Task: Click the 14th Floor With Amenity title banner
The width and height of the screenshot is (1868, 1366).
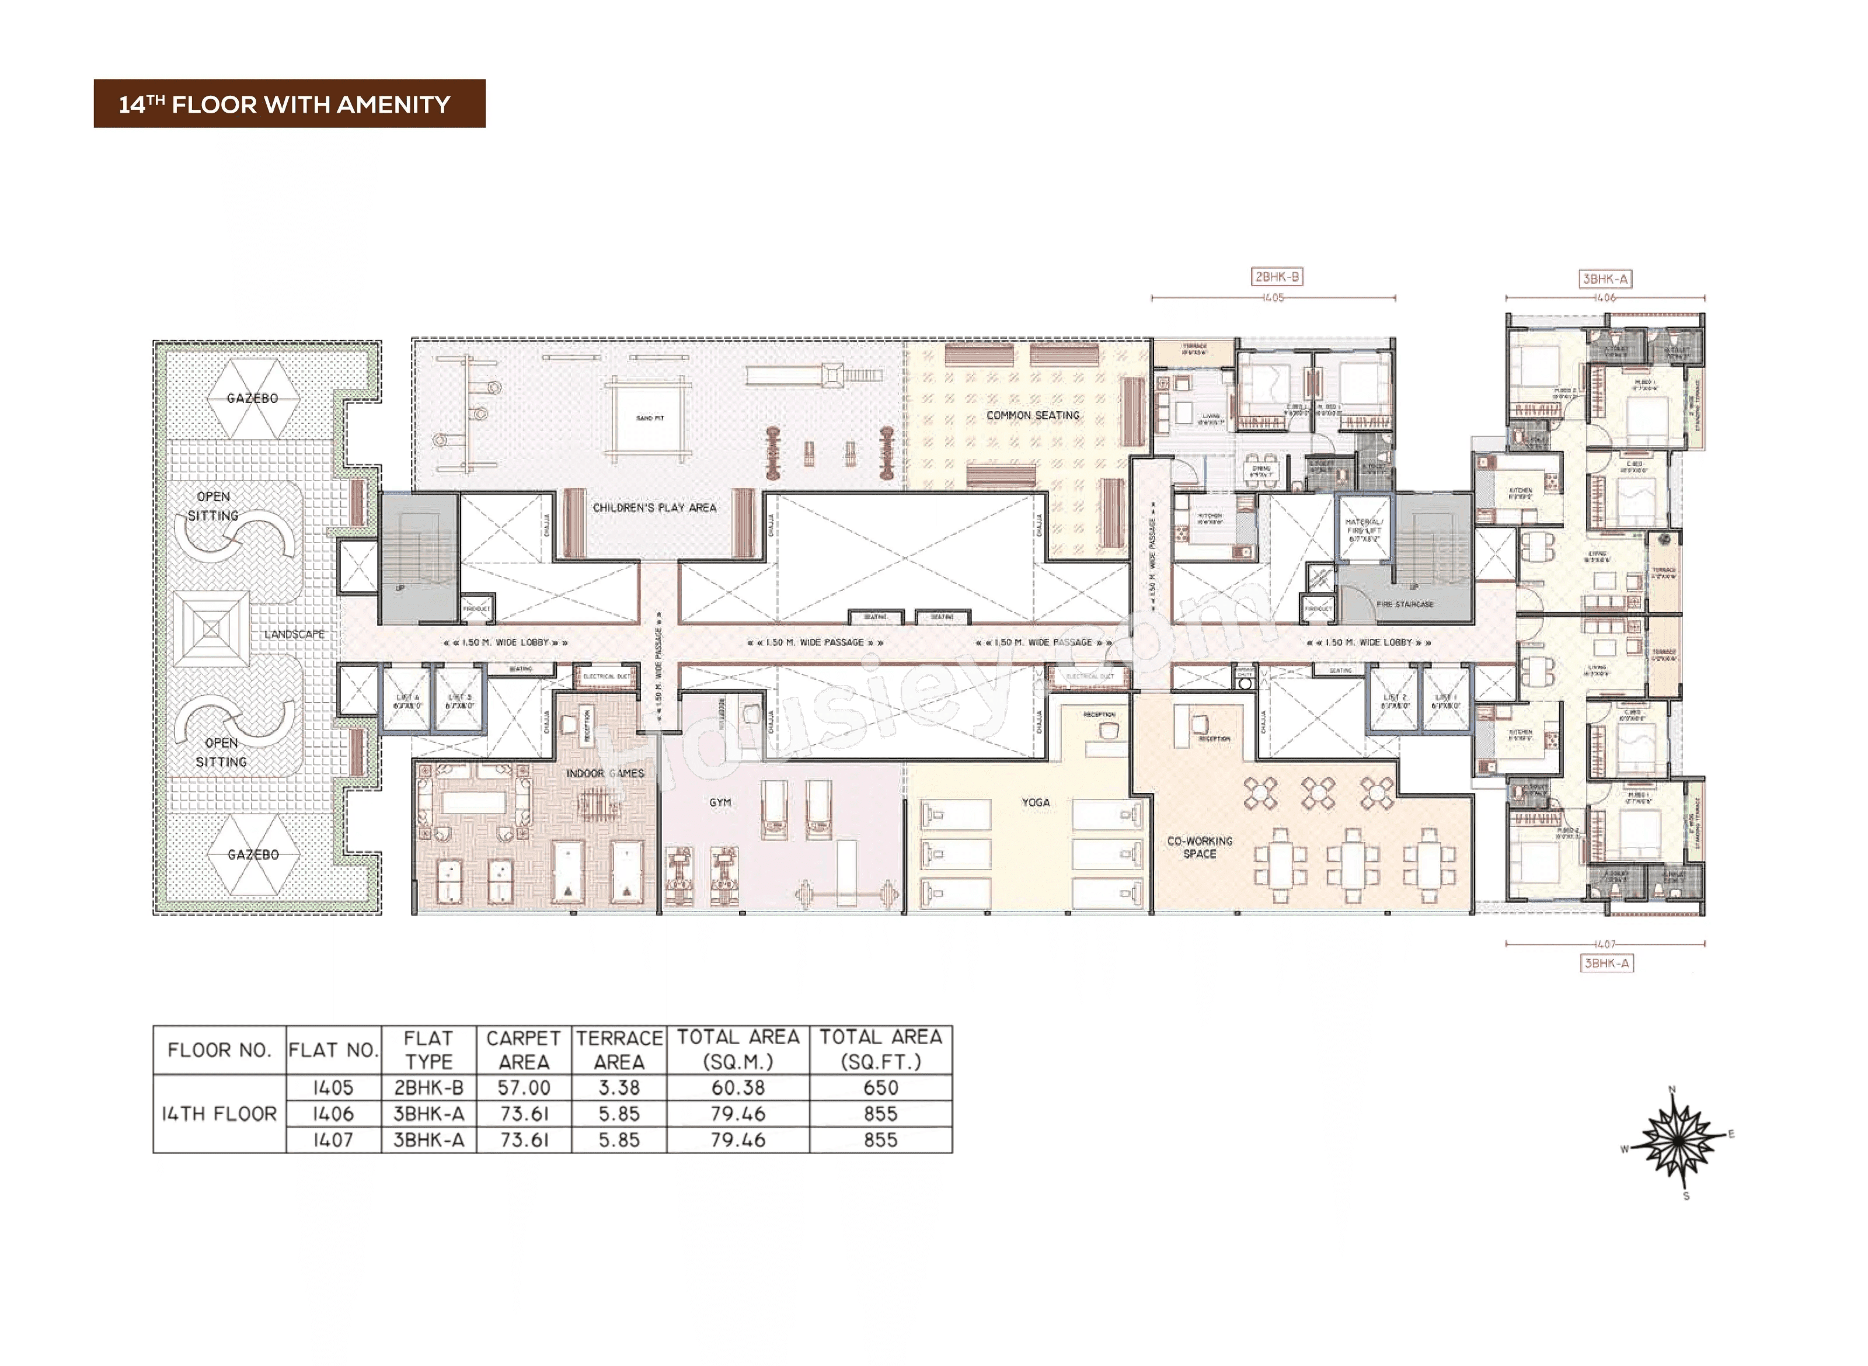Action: (x=290, y=103)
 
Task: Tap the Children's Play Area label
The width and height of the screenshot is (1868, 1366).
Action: (x=654, y=508)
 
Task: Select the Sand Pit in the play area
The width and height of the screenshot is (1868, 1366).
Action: (x=650, y=418)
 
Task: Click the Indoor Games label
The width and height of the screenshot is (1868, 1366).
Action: (x=604, y=773)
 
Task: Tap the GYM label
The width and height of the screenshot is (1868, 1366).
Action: (x=719, y=802)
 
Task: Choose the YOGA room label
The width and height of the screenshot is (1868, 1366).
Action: (x=1035, y=802)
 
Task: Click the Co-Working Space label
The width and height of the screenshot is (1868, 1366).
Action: (x=1200, y=847)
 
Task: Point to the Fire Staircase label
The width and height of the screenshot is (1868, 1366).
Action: (x=1405, y=604)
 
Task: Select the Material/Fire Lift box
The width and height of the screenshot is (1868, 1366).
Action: (x=1364, y=530)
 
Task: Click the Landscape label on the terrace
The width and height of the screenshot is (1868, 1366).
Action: (x=294, y=634)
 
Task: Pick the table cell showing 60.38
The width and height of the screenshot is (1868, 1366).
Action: (x=737, y=1088)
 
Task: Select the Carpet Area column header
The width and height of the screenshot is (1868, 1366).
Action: (x=523, y=1050)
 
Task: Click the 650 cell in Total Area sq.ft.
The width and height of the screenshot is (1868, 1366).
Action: (x=880, y=1088)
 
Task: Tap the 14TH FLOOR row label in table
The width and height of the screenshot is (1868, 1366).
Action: (x=219, y=1114)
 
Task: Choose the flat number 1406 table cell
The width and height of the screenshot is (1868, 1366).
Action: (x=333, y=1114)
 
